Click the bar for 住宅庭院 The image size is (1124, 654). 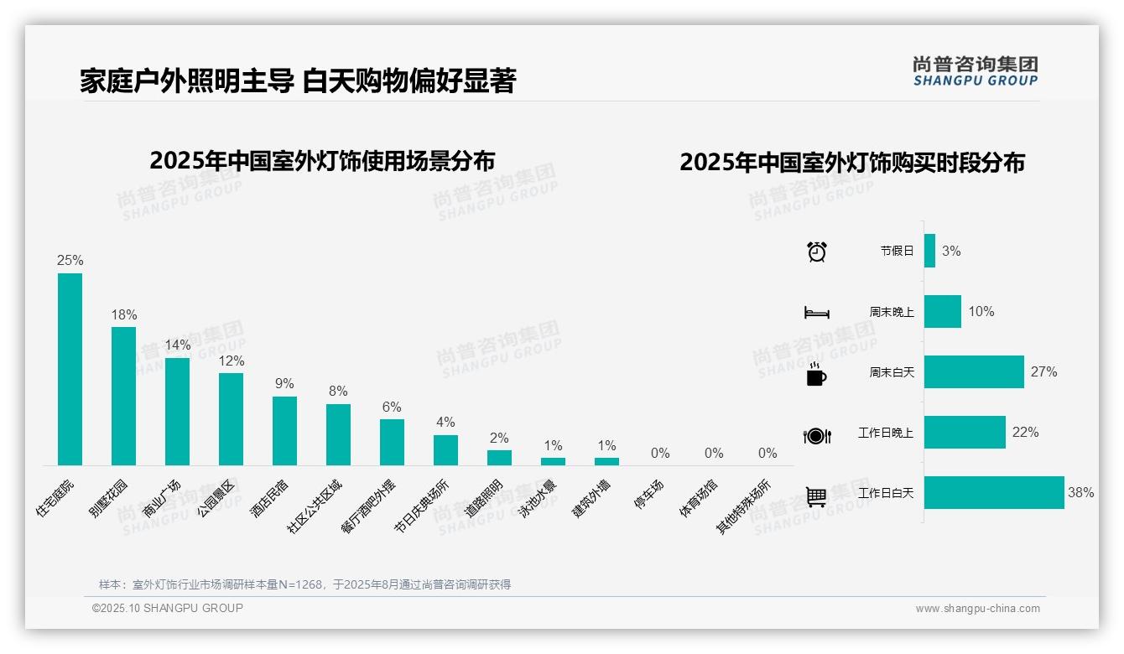click(x=70, y=369)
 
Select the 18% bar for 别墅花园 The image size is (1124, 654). click(x=123, y=396)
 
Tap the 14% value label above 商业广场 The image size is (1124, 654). click(x=177, y=345)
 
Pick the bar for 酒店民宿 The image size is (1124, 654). click(x=284, y=430)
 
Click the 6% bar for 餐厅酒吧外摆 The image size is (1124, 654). click(x=392, y=442)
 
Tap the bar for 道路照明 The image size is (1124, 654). click(x=499, y=457)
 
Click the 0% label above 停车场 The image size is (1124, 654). click(x=660, y=453)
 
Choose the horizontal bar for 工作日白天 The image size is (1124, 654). click(x=993, y=493)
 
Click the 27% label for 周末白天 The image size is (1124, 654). click(x=1044, y=371)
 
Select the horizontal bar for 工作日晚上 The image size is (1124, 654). click(x=964, y=433)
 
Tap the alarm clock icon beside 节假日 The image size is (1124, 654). click(x=816, y=251)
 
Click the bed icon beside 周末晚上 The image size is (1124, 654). click(x=816, y=312)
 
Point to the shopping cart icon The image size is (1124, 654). click(x=816, y=496)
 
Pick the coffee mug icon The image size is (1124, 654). click(x=816, y=374)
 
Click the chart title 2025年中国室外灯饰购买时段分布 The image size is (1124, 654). click(x=851, y=163)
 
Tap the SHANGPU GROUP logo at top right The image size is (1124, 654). click(x=975, y=71)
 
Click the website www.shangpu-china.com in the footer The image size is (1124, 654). click(x=977, y=609)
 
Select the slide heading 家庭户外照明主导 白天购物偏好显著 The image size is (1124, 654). click(x=298, y=81)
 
